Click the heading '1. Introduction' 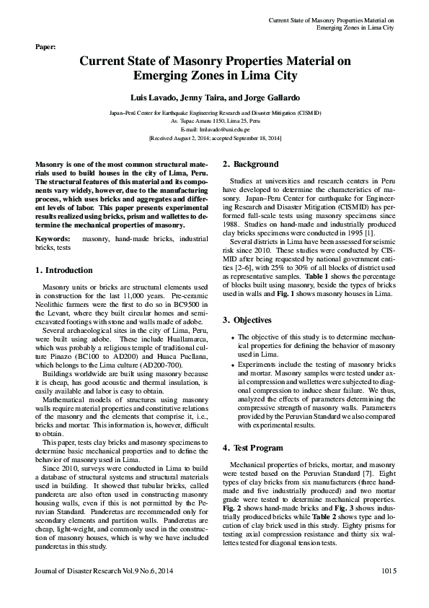pyautogui.click(x=64, y=270)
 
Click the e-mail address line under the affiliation pyautogui.click(x=214, y=129)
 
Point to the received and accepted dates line pyautogui.click(x=214, y=137)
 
